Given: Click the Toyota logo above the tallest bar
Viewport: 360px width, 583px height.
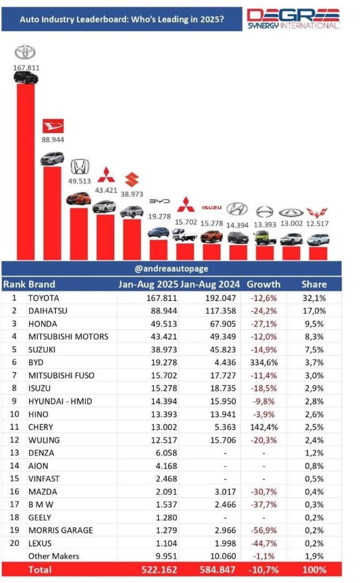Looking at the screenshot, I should tap(24, 53).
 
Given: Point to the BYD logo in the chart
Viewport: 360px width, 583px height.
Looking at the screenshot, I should tap(159, 202).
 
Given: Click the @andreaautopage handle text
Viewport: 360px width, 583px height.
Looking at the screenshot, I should tap(171, 268).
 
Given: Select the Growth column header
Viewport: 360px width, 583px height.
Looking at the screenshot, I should tap(264, 284).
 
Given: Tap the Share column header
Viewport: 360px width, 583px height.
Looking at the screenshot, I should tap(314, 284).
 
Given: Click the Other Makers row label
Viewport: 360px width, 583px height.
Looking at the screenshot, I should tap(54, 556).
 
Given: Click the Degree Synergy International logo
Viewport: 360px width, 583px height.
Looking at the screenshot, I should tap(293, 18).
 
